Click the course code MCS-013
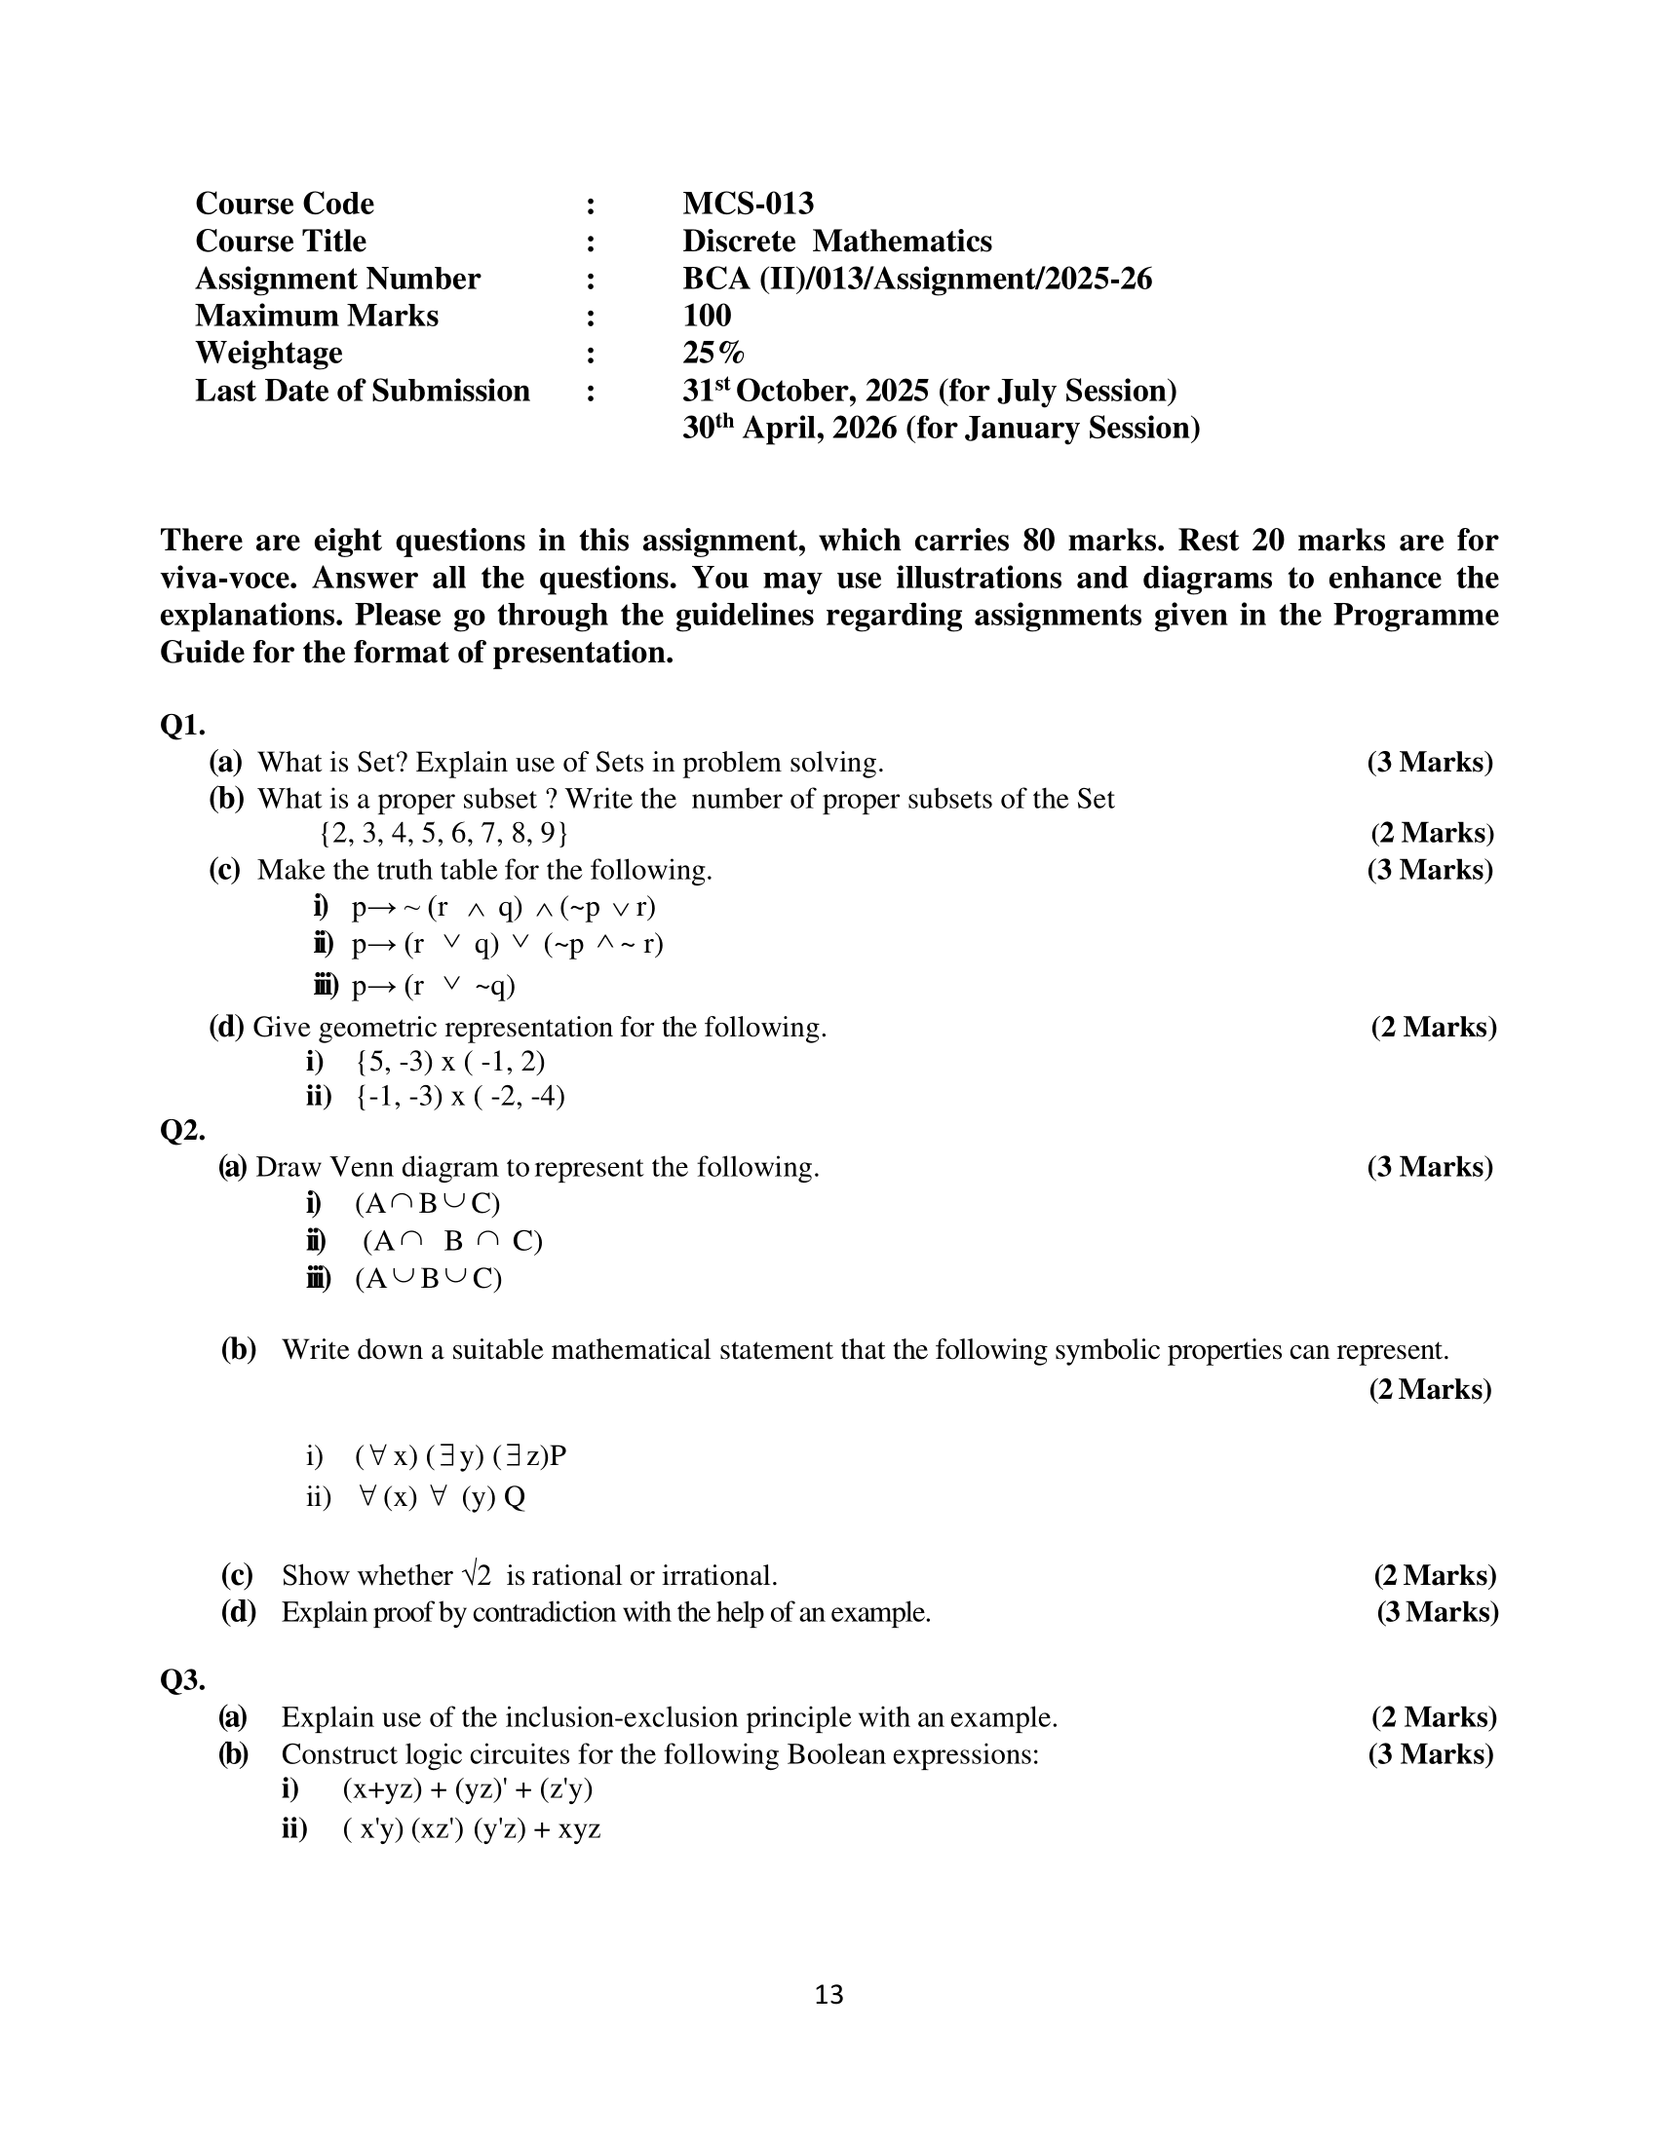748,204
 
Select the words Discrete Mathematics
836,241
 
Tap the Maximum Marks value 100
707,315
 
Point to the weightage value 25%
713,353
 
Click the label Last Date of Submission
363,391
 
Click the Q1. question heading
182,725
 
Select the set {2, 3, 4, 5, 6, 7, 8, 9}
443,833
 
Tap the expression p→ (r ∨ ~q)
433,985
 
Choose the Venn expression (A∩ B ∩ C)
452,1241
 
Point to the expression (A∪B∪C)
428,1279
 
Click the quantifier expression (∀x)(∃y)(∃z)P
460,1455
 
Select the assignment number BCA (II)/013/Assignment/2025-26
917,279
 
